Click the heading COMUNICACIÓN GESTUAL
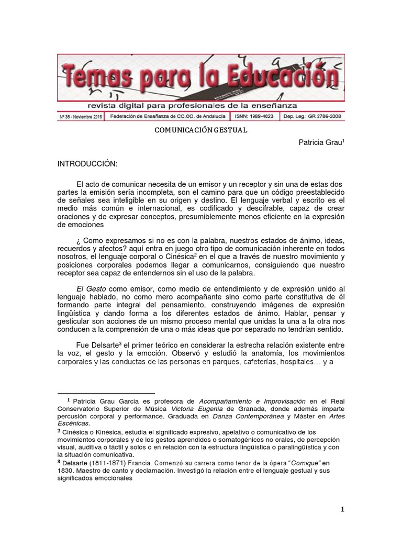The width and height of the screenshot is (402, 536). tap(200, 130)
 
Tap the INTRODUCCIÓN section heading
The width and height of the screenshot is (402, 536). tap(88, 164)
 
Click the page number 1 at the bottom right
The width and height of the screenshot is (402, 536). tap(342, 509)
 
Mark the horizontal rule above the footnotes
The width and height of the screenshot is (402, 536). tap(106, 392)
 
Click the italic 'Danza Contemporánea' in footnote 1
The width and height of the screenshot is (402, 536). tap(248, 416)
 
